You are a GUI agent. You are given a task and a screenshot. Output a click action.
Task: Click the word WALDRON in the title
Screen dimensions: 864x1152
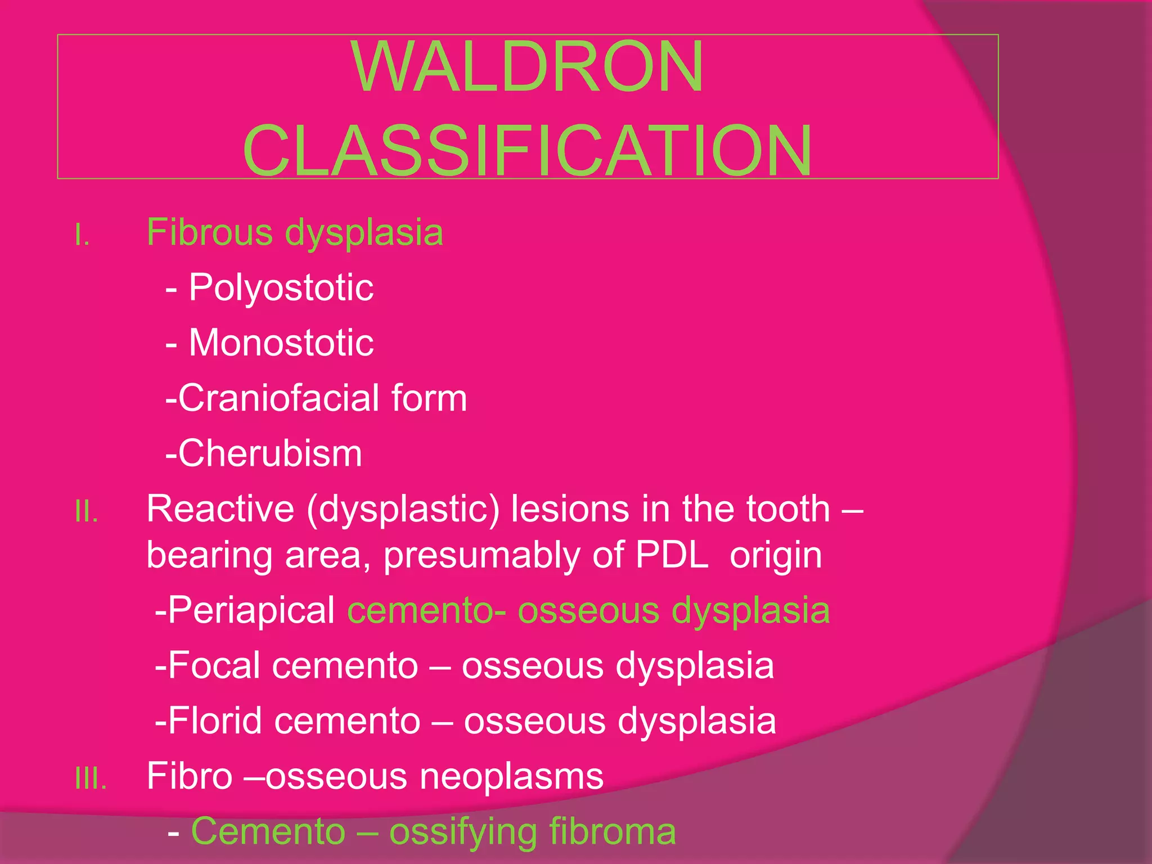point(528,66)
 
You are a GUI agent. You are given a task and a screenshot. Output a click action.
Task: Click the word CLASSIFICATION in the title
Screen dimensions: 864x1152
point(528,151)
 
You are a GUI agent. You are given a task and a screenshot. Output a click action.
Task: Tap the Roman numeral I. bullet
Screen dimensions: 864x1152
point(82,235)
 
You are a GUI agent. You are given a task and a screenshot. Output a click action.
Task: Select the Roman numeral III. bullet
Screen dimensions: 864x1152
point(91,779)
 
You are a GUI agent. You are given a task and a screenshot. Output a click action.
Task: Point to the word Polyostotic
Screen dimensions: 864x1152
point(281,287)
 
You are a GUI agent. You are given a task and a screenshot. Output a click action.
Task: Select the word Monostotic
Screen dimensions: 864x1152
point(281,343)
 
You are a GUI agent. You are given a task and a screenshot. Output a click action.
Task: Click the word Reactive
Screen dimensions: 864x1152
point(220,508)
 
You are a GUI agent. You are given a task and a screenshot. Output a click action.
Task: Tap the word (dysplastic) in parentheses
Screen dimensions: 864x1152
point(403,510)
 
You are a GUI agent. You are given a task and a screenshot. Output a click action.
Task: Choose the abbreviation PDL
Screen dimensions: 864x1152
point(672,555)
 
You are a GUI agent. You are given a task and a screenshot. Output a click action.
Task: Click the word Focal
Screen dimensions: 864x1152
point(214,665)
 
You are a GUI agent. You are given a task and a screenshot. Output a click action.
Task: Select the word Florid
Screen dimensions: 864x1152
point(215,721)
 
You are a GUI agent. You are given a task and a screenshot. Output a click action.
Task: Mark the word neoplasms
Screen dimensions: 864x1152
point(512,777)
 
